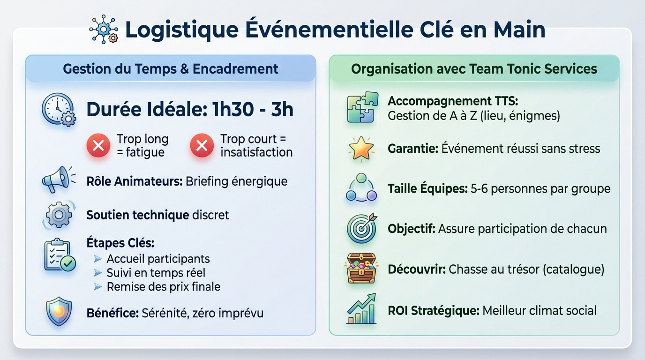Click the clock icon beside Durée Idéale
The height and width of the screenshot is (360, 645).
click(x=58, y=110)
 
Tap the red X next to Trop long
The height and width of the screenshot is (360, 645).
click(x=98, y=146)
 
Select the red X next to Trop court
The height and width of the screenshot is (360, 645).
click(x=202, y=146)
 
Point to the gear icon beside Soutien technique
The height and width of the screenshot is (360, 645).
click(x=58, y=215)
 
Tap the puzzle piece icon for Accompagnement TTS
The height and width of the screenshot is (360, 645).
click(x=362, y=107)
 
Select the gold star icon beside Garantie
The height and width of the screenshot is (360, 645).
click(x=361, y=149)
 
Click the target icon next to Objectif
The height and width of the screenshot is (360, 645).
click(x=361, y=228)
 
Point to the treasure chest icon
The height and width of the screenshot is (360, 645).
click(x=361, y=269)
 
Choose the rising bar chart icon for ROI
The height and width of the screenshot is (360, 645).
click(x=361, y=309)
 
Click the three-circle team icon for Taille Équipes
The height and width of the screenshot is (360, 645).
click(x=361, y=188)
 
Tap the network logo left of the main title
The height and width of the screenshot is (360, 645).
click(x=104, y=30)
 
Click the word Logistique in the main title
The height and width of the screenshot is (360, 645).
click(x=181, y=30)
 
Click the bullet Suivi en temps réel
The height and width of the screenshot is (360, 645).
click(x=156, y=272)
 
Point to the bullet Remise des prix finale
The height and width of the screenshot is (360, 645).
click(x=163, y=286)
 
